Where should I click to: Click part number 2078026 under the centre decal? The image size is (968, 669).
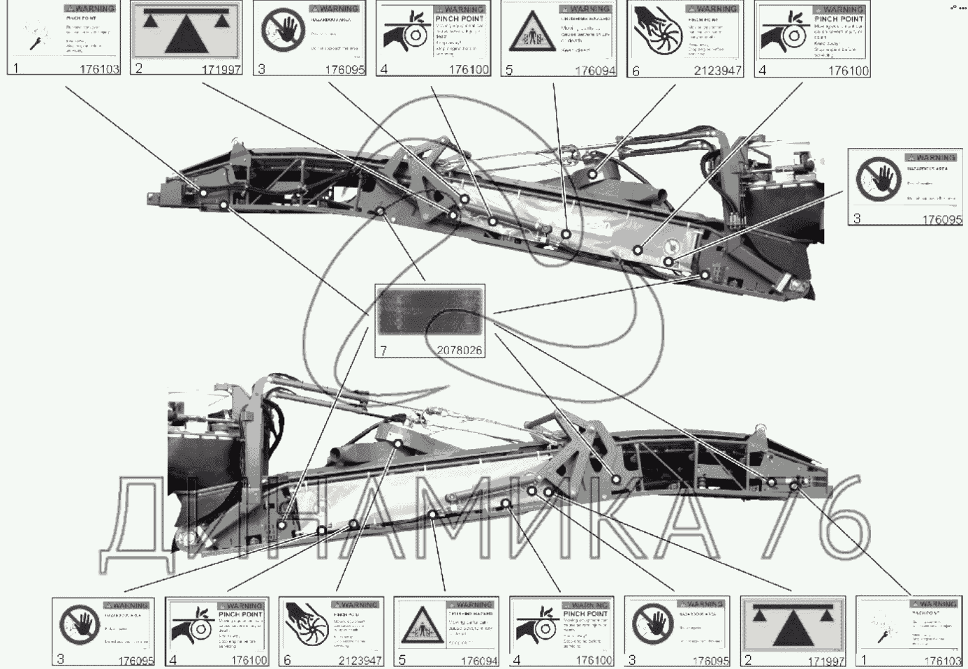click(459, 350)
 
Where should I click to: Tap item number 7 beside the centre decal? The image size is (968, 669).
click(383, 349)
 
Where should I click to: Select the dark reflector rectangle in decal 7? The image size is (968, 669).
click(430, 312)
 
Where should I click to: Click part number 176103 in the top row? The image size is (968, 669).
click(100, 69)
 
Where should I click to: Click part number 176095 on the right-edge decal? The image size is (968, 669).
click(942, 219)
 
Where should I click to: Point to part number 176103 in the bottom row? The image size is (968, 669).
click(942, 661)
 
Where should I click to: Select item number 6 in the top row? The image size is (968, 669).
click(636, 71)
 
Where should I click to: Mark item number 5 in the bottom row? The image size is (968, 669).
click(402, 660)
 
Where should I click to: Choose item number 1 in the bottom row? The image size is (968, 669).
click(864, 660)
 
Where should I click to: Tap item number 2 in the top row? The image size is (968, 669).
click(139, 68)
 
